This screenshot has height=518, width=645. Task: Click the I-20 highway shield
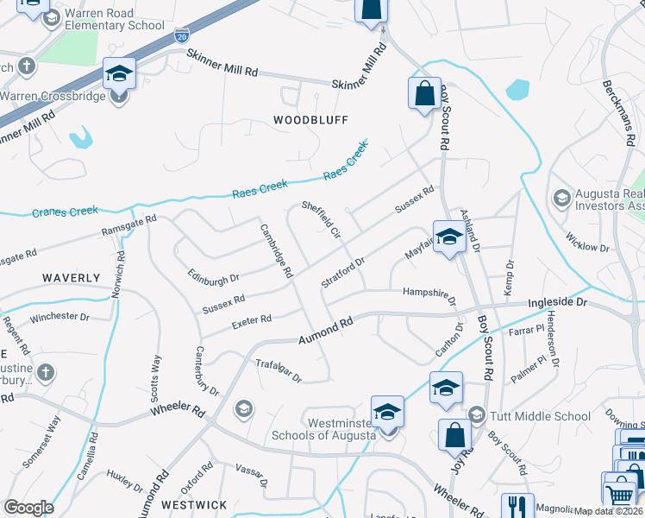(x=180, y=36)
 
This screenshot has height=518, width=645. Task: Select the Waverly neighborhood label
(x=70, y=278)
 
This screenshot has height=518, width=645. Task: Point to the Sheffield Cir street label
(x=322, y=222)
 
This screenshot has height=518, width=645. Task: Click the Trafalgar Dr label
(x=279, y=371)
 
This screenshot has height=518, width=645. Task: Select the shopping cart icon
(x=620, y=495)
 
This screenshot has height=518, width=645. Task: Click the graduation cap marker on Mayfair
(x=449, y=237)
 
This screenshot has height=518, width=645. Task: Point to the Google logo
(x=28, y=508)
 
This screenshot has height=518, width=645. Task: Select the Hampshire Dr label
(x=429, y=295)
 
